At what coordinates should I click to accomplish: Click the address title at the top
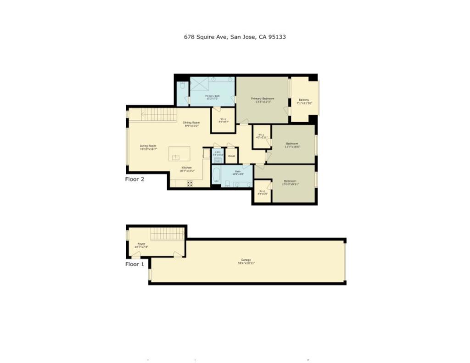tap(235, 37)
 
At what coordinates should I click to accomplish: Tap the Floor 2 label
tap(134, 179)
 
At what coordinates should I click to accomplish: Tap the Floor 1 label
tap(134, 264)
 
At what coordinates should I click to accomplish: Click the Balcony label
tap(304, 101)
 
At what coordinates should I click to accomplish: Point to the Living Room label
tap(148, 147)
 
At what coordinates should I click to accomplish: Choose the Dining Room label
tap(191, 123)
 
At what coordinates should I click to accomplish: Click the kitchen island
tap(179, 153)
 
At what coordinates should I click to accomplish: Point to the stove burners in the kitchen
tap(190, 183)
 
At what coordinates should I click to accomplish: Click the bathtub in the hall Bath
tap(216, 176)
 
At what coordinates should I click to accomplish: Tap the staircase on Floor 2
tap(158, 115)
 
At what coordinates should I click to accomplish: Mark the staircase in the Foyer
tap(167, 234)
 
